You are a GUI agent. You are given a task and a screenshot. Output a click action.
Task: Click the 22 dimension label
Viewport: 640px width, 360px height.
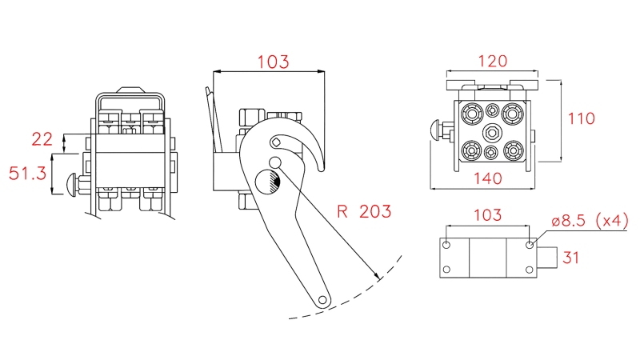coord(42,139)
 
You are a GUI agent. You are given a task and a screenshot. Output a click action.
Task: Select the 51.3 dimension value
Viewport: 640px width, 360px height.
coord(27,174)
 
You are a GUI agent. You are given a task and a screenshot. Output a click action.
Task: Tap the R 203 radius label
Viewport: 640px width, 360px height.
coord(364,211)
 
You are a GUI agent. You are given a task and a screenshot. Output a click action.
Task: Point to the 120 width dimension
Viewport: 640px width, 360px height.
coord(493,62)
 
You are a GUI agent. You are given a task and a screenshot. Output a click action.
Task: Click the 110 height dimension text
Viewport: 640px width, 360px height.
coord(582,118)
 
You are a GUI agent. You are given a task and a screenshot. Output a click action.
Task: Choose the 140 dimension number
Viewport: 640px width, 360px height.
coord(488,178)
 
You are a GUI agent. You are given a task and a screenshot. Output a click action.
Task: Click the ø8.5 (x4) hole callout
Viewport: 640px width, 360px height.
coord(590,221)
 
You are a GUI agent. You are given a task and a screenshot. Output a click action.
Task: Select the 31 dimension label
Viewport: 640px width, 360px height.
coord(570,258)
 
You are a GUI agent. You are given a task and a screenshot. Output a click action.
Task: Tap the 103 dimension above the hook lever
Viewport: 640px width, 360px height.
coord(273,62)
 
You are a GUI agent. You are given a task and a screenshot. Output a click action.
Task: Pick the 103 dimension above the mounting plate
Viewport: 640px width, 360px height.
coord(488,214)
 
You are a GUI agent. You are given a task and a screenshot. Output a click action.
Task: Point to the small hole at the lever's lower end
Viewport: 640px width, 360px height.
coord(322,301)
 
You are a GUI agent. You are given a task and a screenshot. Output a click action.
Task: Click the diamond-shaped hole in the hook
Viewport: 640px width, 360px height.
coord(276,142)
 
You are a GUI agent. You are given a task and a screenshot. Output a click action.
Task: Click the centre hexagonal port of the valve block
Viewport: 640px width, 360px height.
coord(492,133)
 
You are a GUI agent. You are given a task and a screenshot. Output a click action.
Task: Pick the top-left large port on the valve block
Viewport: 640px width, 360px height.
coord(472,113)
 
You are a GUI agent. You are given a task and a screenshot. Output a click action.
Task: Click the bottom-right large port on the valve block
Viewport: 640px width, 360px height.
coord(514,151)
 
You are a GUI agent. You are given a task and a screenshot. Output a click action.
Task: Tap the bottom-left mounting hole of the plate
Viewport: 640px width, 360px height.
coord(446,270)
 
